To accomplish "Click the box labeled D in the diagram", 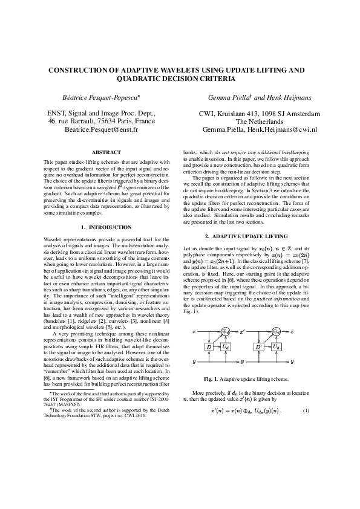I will coord(209,348).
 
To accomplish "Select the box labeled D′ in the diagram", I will coord(259,348).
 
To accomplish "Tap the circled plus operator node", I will coord(226,332).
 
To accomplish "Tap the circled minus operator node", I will coord(276,332).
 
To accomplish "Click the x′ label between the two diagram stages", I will coord(242,332).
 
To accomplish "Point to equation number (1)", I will coord(306,411).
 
